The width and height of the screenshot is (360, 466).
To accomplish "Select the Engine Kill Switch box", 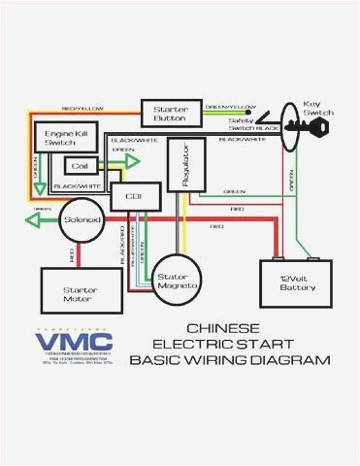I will pos(59,137).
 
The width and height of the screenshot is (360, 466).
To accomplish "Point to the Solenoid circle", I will pos(82,220).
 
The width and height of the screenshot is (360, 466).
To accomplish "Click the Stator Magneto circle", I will pos(178,281).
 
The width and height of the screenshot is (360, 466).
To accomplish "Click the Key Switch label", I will pos(318,107).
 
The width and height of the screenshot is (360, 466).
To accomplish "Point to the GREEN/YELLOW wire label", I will pos(230,105).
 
